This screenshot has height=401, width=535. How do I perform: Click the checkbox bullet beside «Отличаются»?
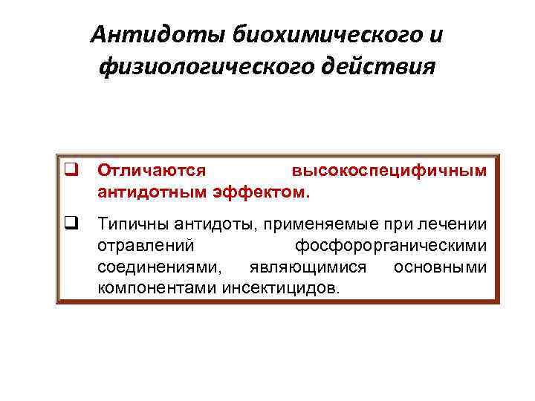[72, 171]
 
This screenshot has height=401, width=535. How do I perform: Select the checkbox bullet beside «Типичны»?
[72, 224]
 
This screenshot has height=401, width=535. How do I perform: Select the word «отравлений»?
[146, 245]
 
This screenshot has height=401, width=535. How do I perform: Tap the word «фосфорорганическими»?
[391, 245]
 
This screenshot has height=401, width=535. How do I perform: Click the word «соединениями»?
[158, 267]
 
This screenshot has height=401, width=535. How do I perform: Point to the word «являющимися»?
[311, 267]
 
